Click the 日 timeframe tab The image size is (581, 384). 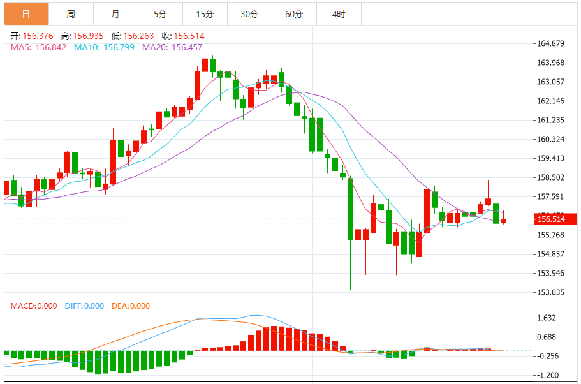point(26,13)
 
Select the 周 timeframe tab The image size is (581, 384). point(70,13)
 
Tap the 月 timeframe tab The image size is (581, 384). point(115,13)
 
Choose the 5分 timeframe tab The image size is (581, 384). point(159,13)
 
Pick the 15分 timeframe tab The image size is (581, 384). point(205,13)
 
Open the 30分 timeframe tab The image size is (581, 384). point(249,13)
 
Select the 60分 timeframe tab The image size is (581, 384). point(294,13)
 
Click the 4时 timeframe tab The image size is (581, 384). point(339,13)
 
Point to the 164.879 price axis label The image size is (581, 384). point(551,43)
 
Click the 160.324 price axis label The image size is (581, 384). point(551,139)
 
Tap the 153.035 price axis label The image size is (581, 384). point(551,292)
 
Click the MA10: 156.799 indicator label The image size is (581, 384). point(104,47)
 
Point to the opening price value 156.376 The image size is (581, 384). point(38,36)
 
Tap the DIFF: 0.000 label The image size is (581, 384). point(84,306)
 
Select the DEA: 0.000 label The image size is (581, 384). point(131,306)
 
